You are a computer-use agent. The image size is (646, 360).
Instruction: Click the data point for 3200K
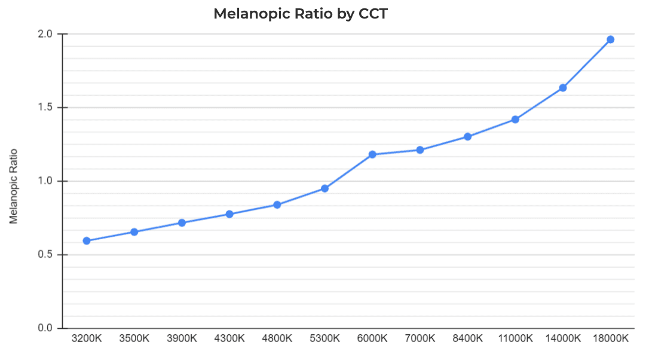(87, 241)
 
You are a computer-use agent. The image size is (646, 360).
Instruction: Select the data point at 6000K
(372, 155)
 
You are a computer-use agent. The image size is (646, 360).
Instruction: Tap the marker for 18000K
(610, 39)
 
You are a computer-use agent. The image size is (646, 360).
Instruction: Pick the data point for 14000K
(563, 88)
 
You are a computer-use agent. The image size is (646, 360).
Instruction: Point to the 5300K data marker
(324, 188)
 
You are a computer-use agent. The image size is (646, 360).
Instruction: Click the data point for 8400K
(467, 137)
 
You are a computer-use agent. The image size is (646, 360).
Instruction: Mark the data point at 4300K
(229, 214)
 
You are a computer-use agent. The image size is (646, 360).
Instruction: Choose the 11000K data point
(515, 120)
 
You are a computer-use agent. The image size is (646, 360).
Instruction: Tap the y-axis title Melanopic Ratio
(14, 186)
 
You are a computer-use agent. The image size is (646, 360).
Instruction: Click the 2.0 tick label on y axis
(46, 34)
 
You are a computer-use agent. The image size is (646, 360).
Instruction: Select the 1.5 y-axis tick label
(46, 108)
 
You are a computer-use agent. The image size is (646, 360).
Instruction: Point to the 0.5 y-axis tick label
(46, 255)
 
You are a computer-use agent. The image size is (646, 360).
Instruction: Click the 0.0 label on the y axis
(46, 328)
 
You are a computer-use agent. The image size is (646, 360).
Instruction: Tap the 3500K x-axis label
(134, 338)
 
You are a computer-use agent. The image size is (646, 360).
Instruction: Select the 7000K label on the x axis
(420, 338)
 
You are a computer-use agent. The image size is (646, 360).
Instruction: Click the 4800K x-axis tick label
(277, 338)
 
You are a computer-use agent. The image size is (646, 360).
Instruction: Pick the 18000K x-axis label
(610, 338)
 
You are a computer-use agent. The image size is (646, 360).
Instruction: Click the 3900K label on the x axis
(182, 338)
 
